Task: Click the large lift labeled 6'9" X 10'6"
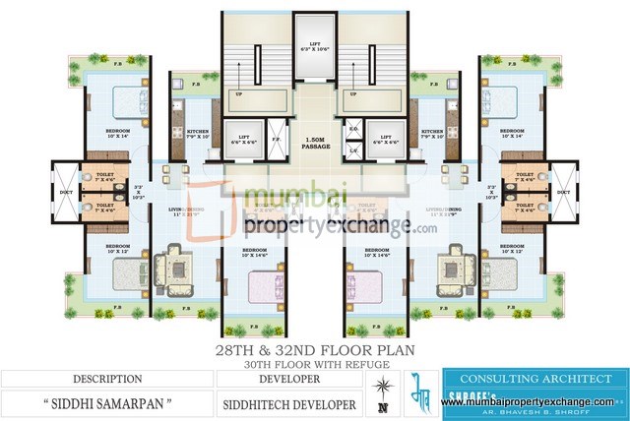click(x=315, y=48)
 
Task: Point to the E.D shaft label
click(x=353, y=129)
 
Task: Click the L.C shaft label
click(x=353, y=150)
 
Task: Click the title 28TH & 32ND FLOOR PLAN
click(x=314, y=350)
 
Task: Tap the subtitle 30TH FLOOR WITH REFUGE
click(x=314, y=364)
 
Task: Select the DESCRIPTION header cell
click(x=105, y=379)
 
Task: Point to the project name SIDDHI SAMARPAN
click(x=105, y=402)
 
